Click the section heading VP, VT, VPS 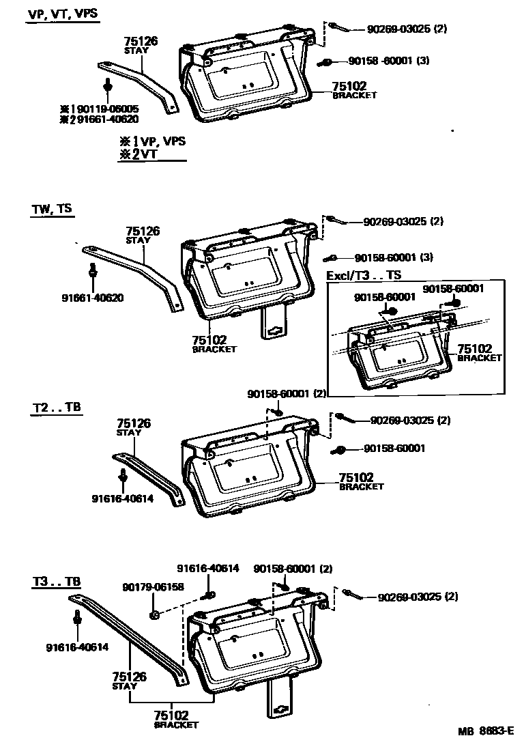point(62,14)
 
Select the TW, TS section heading point(50,210)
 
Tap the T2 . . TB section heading point(56,408)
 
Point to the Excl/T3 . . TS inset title point(364,274)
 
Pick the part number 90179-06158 point(154,586)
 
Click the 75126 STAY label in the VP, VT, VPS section point(141,45)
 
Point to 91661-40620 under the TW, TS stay point(93,298)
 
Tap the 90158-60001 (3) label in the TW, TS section point(394,258)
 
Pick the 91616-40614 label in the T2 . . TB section point(122,498)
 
